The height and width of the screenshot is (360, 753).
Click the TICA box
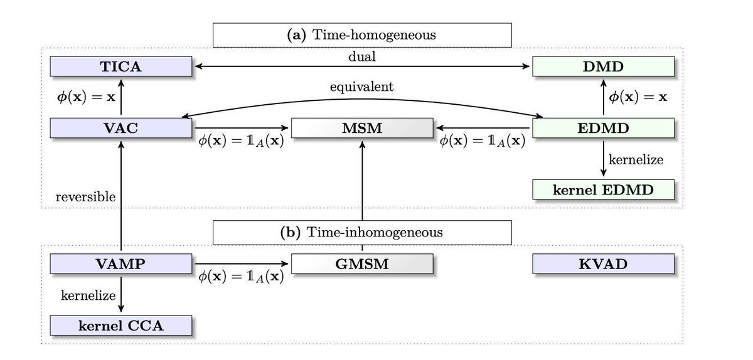[120, 66]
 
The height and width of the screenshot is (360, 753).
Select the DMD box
[603, 66]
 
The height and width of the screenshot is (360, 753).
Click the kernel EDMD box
[603, 189]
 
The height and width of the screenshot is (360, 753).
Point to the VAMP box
[120, 263]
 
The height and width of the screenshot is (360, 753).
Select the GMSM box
[362, 263]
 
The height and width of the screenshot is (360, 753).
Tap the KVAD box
[603, 263]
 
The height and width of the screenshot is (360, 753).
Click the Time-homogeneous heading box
[361, 35]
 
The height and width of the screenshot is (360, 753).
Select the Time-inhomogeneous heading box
[361, 232]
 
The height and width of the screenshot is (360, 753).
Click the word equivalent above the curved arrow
[362, 87]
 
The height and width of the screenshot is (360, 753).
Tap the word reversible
[85, 197]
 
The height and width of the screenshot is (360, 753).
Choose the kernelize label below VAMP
[85, 295]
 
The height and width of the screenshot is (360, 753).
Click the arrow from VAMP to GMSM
[242, 263]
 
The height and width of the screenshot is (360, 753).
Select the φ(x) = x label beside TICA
[85, 97]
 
